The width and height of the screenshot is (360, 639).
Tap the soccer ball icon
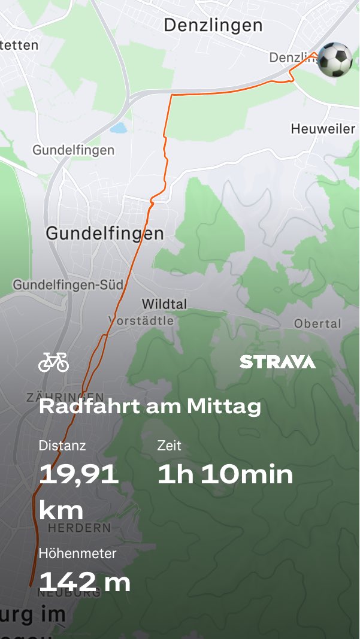point(335,59)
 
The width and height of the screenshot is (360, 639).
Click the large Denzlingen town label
point(213,25)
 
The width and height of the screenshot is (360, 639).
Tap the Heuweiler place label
point(323,129)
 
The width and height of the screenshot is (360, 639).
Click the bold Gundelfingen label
point(105,233)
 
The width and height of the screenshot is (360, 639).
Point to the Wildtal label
point(164,304)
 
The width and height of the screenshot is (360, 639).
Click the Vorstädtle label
point(141,321)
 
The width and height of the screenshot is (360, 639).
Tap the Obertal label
point(317,323)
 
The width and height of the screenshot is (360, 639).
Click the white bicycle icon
point(53,362)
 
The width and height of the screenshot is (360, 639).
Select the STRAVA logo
point(277,362)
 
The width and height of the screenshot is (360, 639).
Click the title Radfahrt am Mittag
point(150,407)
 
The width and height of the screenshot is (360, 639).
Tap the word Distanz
point(62,446)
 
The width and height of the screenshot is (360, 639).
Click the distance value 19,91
point(78,474)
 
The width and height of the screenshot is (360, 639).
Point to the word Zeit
point(169,446)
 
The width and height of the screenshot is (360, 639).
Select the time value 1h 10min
point(225,474)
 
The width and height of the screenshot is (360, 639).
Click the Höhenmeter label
point(77,553)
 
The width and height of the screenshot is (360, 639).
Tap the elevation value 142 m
point(84,582)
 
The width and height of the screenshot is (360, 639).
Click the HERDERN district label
point(79,528)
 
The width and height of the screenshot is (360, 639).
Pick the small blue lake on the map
point(119,128)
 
